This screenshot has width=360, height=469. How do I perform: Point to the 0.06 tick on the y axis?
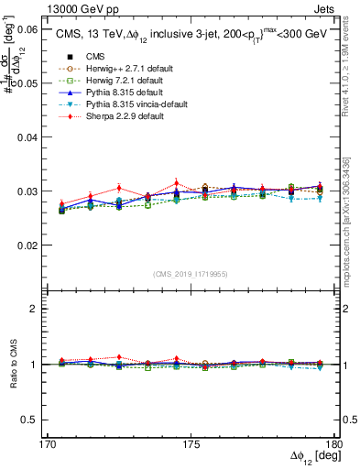pyautogui.click(x=27, y=30)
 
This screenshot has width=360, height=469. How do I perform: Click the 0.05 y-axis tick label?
pyautogui.click(x=27, y=83)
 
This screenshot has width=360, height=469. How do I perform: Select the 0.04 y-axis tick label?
pyautogui.click(x=27, y=137)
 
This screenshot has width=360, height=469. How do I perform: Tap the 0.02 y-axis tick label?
pyautogui.click(x=27, y=245)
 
